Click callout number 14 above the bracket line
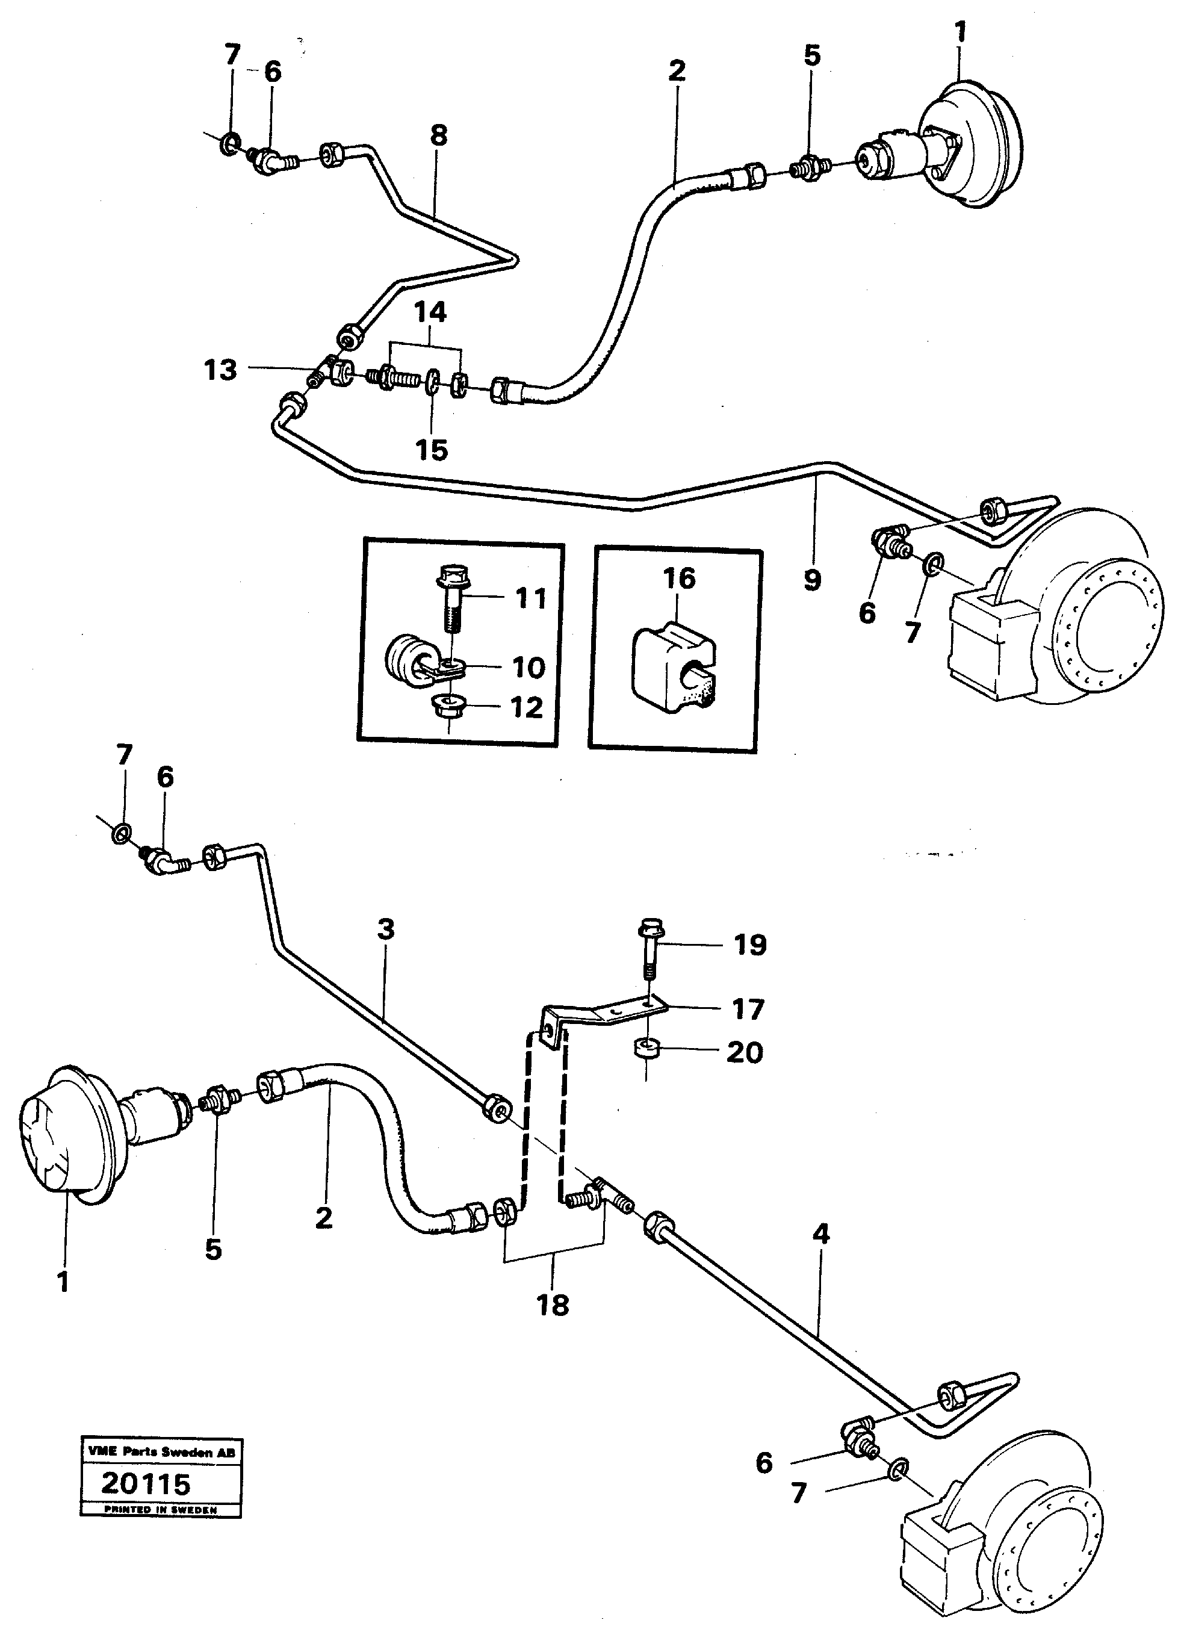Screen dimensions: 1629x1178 [430, 312]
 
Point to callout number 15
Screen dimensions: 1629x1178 [432, 450]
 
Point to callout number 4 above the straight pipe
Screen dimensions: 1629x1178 [821, 1234]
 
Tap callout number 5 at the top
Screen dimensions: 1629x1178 [811, 55]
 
